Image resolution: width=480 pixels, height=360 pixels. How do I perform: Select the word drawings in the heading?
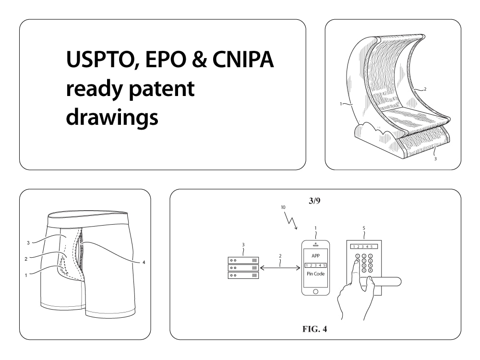click(x=112, y=117)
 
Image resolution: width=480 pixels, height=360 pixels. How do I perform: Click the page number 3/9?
click(x=315, y=201)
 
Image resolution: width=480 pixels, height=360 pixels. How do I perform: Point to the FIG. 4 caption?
click(x=315, y=329)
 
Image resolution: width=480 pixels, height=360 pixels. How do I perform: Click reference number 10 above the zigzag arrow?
click(x=283, y=207)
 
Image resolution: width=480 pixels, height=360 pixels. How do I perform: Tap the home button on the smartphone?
click(x=315, y=291)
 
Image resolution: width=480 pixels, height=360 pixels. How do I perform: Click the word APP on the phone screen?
click(x=315, y=256)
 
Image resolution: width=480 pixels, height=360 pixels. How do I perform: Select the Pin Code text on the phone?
click(x=315, y=274)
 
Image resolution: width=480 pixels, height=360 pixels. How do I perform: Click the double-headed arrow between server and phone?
click(x=280, y=268)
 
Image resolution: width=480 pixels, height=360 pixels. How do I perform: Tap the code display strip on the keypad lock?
click(x=363, y=246)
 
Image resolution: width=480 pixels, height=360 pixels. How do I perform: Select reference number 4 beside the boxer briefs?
click(x=144, y=262)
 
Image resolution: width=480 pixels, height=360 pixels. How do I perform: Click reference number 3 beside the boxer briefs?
click(x=28, y=242)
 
